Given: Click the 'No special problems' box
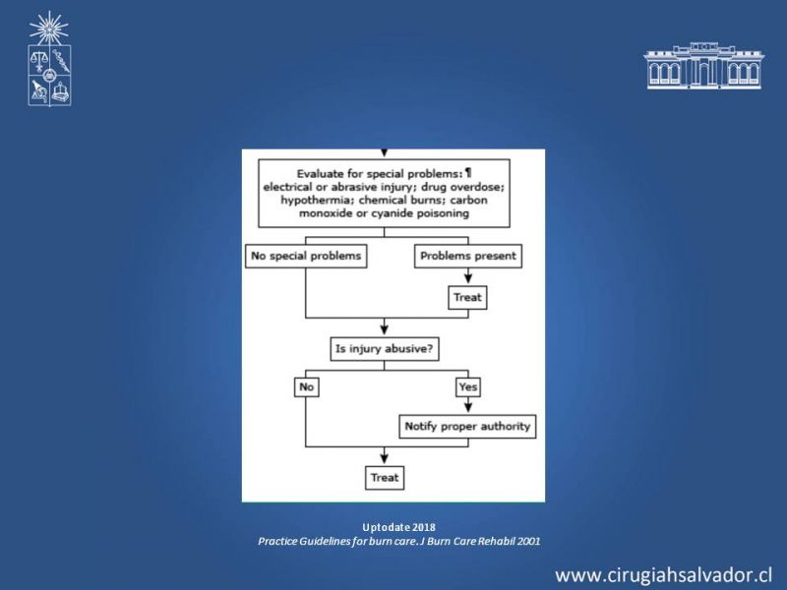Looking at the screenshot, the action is click(306, 256).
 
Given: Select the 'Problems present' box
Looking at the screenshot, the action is click(468, 256).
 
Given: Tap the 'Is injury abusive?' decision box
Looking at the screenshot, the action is click(385, 349).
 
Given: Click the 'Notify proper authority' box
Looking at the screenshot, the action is click(467, 427).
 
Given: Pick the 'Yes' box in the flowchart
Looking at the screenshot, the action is click(468, 386).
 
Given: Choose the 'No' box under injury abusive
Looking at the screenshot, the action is click(306, 386).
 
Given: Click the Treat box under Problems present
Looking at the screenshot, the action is click(467, 298).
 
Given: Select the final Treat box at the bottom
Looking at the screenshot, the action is click(385, 478).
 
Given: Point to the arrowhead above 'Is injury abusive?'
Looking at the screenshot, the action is click(385, 329).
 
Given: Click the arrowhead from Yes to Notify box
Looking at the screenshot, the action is click(468, 406).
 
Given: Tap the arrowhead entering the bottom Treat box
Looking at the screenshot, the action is click(385, 458).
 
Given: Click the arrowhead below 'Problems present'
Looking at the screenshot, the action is click(468, 278).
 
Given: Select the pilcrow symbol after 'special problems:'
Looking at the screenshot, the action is click(468, 174).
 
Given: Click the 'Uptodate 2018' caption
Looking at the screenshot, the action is click(399, 527).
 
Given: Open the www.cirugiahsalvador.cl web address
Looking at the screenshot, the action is click(663, 575).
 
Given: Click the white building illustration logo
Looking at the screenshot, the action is click(703, 66).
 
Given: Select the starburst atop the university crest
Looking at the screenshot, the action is click(48, 29).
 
